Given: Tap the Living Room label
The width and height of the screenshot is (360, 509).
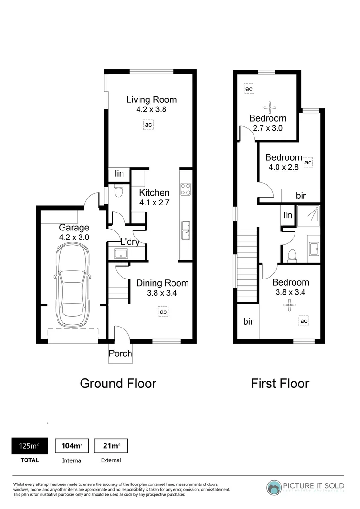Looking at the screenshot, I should (151, 99).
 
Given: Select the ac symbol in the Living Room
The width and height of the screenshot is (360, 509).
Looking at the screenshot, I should (148, 125).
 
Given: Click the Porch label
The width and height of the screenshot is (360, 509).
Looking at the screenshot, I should (120, 353).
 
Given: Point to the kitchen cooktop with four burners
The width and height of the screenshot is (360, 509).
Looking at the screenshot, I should (186, 189).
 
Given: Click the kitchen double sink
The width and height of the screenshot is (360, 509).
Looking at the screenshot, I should (186, 230).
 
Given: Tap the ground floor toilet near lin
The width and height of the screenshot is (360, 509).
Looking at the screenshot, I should (118, 191).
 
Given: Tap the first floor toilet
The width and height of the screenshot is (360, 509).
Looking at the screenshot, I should (292, 254).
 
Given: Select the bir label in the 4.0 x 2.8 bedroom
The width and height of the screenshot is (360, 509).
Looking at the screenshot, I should (301, 196).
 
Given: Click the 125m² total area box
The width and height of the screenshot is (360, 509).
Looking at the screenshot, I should (29, 445).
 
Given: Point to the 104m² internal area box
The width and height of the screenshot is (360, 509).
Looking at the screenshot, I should (69, 445).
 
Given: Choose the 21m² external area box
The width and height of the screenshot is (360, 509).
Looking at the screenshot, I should (111, 445).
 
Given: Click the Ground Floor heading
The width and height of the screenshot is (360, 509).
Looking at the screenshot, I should (118, 383).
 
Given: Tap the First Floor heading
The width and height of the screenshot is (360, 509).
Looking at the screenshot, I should (279, 383).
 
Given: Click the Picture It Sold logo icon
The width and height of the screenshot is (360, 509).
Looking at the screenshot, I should (274, 488).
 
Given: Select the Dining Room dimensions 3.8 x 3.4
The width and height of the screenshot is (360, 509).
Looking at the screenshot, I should (162, 293).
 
